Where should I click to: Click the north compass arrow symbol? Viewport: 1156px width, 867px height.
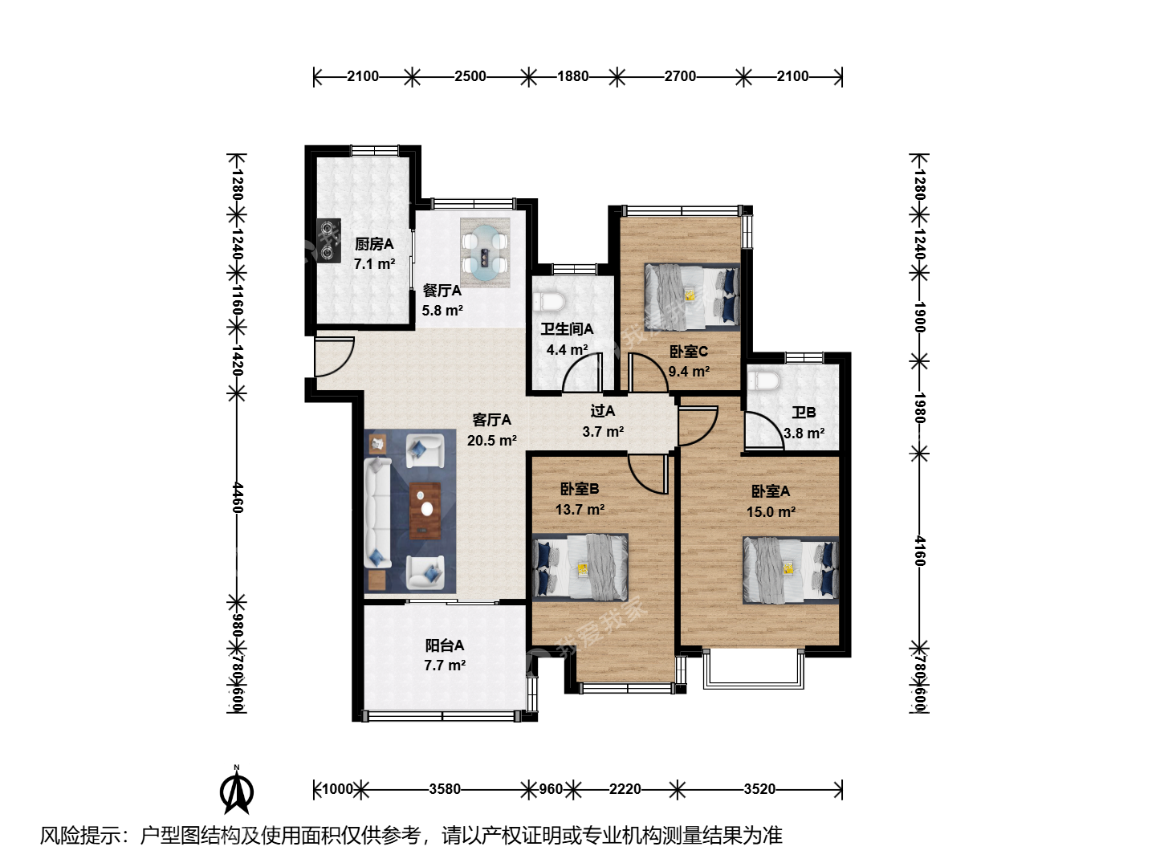237,792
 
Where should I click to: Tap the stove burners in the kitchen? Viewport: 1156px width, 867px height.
328,241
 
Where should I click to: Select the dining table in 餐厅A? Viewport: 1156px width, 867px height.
485,253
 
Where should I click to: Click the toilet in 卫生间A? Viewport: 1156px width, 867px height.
549,302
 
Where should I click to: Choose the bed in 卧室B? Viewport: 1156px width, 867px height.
580,568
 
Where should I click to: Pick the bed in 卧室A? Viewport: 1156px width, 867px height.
791,570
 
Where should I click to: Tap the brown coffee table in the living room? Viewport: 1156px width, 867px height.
425,511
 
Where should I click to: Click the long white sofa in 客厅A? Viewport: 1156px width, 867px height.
378,512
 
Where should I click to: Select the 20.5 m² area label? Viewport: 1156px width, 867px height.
491,441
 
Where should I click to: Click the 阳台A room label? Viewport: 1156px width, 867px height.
445,645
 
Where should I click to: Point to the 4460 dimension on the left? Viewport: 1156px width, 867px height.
238,497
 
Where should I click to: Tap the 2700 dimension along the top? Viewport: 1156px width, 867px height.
680,77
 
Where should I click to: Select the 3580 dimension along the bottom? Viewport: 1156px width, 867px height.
445,789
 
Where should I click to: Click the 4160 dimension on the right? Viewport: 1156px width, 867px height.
919,552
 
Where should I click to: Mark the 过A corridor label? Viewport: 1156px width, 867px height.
603,410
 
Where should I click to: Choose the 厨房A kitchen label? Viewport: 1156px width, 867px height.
374,244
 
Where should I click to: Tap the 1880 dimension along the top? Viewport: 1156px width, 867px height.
572,77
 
